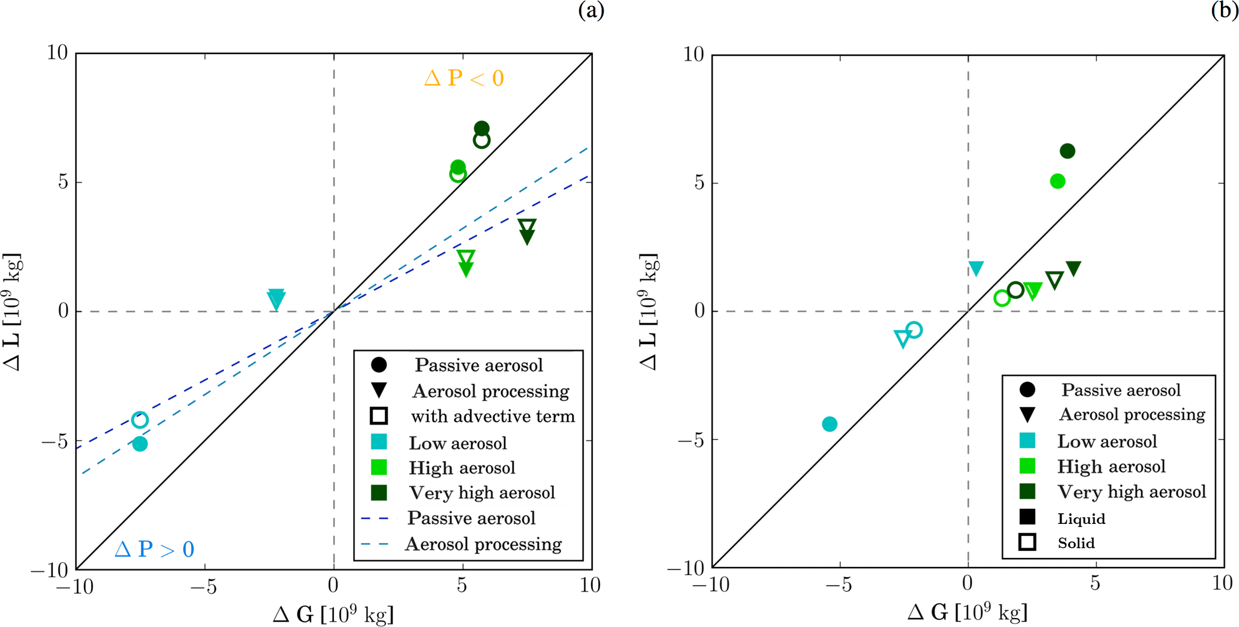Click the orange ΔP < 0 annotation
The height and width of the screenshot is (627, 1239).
coord(464,79)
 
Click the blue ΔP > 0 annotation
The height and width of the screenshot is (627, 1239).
coord(154,549)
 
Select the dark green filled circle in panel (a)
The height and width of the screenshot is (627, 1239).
coord(481,128)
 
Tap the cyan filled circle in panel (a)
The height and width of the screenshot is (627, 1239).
coord(140,444)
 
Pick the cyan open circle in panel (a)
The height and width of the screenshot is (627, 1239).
coord(140,420)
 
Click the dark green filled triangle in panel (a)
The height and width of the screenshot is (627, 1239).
coord(527,237)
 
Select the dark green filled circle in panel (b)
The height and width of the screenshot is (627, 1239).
coord(1067,151)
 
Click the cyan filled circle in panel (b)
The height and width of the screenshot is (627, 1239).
coord(830,424)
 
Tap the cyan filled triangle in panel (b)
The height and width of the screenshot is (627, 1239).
coord(976,268)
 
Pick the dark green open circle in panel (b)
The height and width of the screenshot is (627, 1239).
coord(1015,290)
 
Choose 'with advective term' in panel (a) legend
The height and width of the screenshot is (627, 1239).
coord(492,416)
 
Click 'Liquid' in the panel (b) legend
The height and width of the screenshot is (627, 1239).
coord(1081,519)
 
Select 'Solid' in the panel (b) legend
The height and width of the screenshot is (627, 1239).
coord(1076,543)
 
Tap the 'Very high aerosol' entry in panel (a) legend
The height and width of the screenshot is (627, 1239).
coord(481,493)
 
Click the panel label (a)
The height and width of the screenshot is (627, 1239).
coord(590,10)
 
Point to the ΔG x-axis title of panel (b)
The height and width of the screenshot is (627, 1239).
coord(967,612)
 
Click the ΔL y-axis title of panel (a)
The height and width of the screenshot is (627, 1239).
coord(13,312)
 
